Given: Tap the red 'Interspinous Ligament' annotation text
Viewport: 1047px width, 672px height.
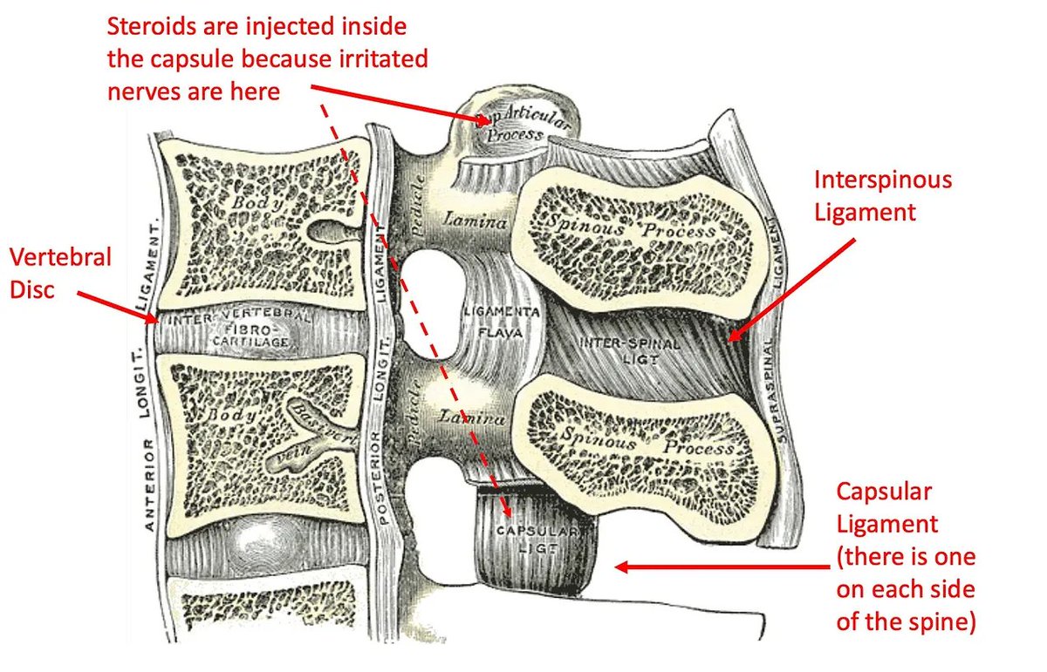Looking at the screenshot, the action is point(882,195).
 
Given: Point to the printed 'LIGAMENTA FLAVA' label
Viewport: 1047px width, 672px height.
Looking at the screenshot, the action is point(503,321).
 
